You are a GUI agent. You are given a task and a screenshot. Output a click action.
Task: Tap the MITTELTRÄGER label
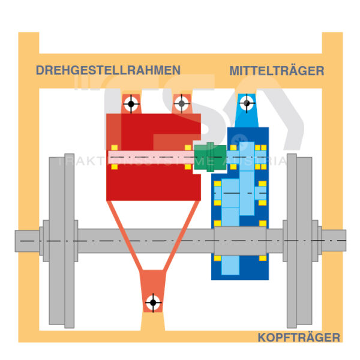coord(277,71)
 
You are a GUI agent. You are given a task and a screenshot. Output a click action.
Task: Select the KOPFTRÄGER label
coord(299,338)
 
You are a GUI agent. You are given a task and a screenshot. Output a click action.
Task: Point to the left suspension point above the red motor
coord(131,104)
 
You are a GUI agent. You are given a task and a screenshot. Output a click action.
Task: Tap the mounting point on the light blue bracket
coord(246,104)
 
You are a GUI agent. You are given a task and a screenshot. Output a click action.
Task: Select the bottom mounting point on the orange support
coord(153,302)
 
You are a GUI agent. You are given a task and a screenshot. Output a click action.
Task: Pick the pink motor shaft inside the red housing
coord(150,157)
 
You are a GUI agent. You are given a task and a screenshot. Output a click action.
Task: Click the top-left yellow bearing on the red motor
coord(113,148)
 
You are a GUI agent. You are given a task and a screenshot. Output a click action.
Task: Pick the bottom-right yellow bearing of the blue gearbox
coord(262,259)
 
